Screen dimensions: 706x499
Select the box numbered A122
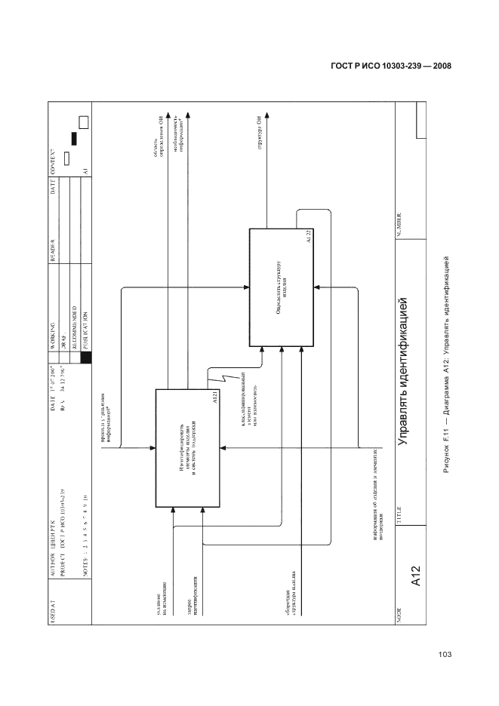282,287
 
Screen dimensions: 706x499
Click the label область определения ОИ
156,145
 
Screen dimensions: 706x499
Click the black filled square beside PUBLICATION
85,358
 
